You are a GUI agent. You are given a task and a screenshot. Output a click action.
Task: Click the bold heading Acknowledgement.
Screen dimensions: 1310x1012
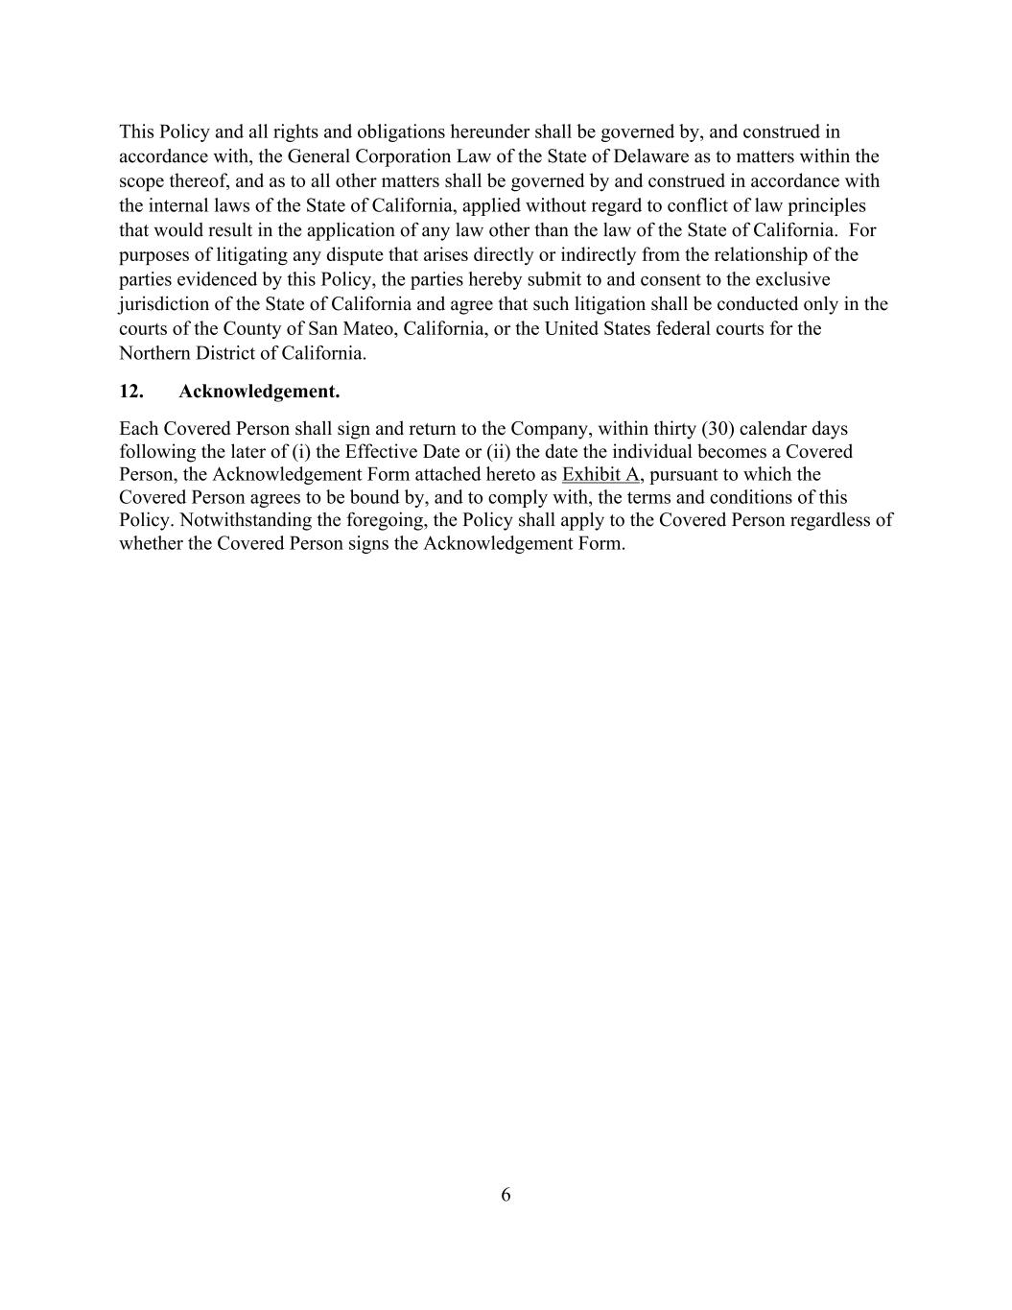[259, 392]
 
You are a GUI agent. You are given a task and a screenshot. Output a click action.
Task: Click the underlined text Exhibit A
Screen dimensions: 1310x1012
[600, 474]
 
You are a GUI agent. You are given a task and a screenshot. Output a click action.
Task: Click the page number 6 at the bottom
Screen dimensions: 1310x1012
[506, 1195]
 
